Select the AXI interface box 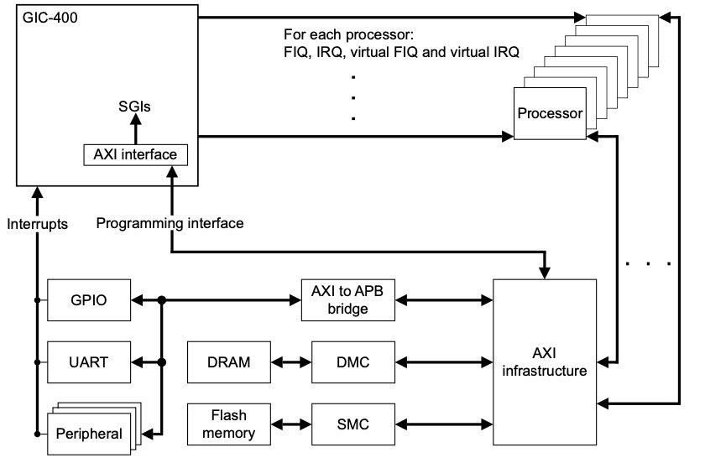(134, 155)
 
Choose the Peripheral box (88, 434)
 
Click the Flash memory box (228, 424)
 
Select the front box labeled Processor (549, 113)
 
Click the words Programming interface (170, 224)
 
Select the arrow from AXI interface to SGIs (134, 130)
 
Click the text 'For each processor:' (349, 36)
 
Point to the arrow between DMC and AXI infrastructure (443, 362)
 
